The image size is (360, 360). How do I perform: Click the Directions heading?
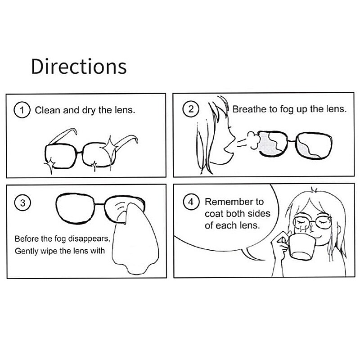79,66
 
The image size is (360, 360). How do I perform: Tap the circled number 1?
22,110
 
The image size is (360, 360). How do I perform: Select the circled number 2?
191,109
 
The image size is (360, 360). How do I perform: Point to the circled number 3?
22,203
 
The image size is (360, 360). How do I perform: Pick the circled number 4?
191,202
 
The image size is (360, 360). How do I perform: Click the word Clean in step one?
48,110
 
